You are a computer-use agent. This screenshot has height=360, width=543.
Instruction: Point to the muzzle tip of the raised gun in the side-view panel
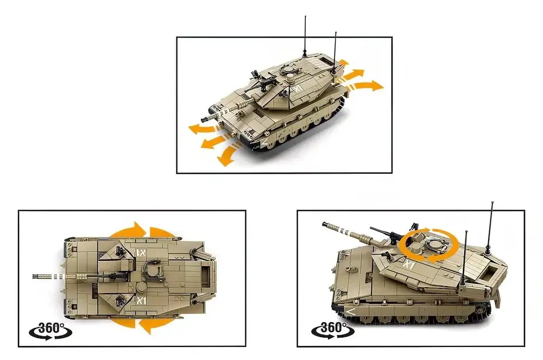324,224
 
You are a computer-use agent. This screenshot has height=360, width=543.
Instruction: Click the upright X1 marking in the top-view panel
143,300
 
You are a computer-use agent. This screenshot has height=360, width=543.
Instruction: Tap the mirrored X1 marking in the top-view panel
142,252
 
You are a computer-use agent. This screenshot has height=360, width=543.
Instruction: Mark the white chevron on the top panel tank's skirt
264,143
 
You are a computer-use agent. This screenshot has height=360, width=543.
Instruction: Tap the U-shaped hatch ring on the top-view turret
151,271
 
